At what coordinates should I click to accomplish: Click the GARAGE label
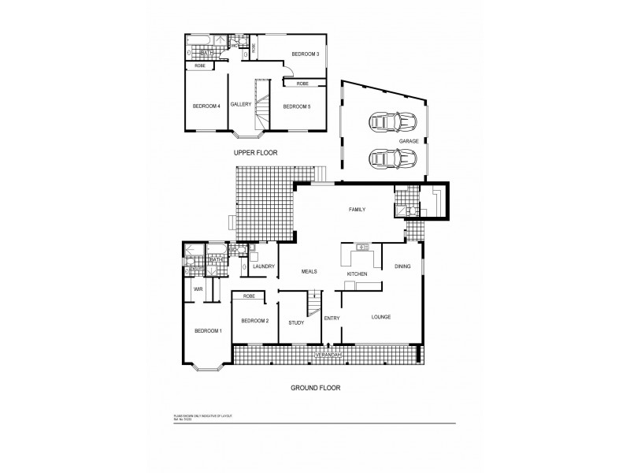click(x=409, y=141)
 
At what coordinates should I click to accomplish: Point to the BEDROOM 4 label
click(x=206, y=106)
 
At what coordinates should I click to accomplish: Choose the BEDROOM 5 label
click(x=296, y=106)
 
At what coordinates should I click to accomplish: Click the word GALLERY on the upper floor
click(x=241, y=104)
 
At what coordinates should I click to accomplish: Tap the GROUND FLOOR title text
click(x=314, y=388)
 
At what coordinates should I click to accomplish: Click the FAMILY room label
click(x=360, y=209)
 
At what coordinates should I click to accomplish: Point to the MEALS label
click(x=309, y=271)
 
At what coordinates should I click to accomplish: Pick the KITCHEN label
click(x=358, y=274)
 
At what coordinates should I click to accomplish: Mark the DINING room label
click(x=402, y=266)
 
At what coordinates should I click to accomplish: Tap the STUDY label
click(x=296, y=322)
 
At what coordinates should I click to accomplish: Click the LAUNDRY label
click(x=263, y=266)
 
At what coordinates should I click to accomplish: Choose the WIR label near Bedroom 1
click(x=197, y=289)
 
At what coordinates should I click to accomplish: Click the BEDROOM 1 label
click(x=208, y=330)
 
